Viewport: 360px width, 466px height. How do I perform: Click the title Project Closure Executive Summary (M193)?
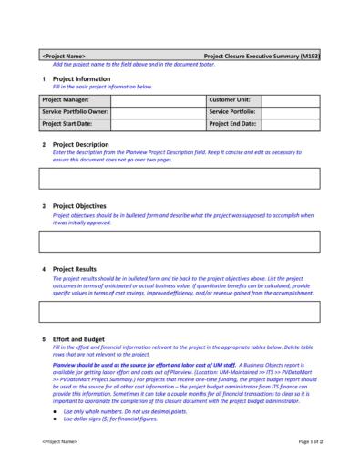click(261, 56)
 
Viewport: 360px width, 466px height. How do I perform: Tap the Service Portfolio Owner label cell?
click(75, 110)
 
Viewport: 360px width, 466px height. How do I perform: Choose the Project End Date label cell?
click(234, 122)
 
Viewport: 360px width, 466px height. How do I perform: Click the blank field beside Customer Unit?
click(291, 98)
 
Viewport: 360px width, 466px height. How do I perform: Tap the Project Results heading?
click(75, 269)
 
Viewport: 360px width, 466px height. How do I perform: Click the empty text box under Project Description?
click(180, 178)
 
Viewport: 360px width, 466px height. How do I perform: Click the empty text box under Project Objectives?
click(180, 241)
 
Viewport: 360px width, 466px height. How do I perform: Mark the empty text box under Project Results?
click(180, 312)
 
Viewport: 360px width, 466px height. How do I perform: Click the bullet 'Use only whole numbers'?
click(112, 411)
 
